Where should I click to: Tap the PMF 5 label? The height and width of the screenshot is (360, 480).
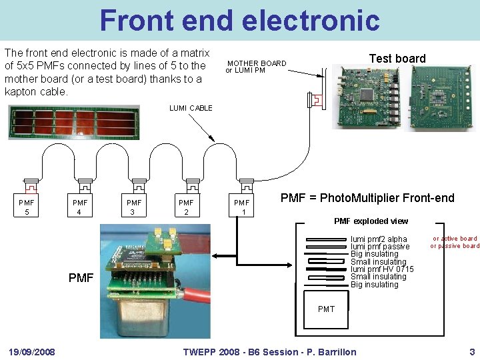coord(27,207)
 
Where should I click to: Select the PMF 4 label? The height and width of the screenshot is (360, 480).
coord(80,207)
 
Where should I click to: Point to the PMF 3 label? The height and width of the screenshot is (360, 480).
coord(134,207)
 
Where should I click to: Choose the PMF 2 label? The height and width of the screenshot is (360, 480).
coord(186,207)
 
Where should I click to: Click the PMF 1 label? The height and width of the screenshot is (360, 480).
coord(241,207)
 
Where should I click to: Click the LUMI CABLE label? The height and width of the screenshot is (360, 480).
coord(191,108)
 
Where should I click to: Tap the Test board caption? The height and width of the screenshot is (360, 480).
coord(397,59)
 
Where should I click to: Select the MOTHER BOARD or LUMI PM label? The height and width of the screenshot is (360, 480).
coord(255,67)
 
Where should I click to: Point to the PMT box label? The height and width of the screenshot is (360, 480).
coord(326,309)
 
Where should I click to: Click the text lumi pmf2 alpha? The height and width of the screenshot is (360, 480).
coord(379,239)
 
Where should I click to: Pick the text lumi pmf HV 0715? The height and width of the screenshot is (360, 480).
coord(382,269)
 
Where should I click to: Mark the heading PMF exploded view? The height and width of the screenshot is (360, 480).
coord(371,221)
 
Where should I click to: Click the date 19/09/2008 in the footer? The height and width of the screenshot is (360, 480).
coord(32,352)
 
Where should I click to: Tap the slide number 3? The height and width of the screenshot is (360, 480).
coord(472,352)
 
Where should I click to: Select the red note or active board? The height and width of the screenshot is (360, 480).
coord(455,239)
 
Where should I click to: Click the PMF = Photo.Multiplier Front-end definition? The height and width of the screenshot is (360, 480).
coord(367,198)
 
